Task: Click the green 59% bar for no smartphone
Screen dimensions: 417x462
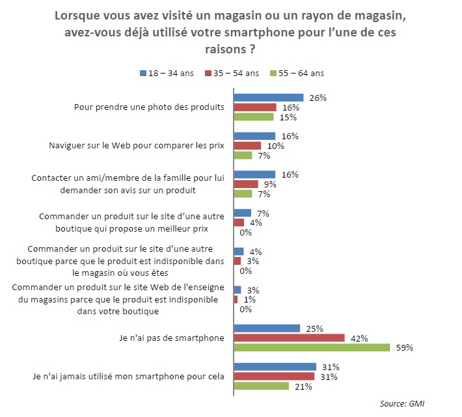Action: point(312,347)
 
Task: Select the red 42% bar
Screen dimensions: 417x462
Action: point(289,338)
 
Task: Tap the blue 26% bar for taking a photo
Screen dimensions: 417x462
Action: point(269,98)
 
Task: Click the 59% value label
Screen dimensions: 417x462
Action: point(405,347)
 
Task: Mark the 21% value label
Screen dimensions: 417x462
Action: point(304,386)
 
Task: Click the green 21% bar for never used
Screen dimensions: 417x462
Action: point(262,386)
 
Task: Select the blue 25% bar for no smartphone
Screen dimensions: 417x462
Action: point(267,328)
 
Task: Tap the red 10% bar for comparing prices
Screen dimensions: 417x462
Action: point(247,146)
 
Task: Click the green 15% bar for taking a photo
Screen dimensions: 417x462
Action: point(254,117)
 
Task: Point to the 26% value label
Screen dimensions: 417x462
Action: point(318,98)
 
